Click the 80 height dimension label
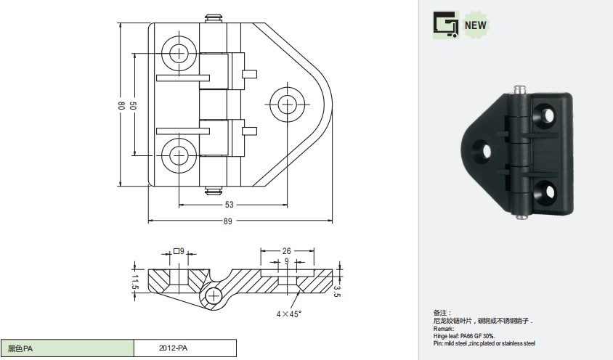click(121, 105)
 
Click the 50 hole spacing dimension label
click(132, 105)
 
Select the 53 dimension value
click(229, 205)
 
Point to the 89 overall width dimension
click(227, 221)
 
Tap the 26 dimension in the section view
click(287, 251)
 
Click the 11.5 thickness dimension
click(135, 282)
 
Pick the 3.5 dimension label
click(337, 291)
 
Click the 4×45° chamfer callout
click(289, 314)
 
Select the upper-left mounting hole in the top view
click(179, 52)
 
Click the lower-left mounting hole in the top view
click(179, 155)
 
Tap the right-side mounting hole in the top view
click(288, 105)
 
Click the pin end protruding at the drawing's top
click(214, 18)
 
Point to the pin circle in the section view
click(214, 296)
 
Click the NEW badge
click(476, 25)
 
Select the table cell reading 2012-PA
click(185, 348)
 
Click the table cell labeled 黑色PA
click(68, 348)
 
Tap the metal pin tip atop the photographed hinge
click(519, 90)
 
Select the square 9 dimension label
click(179, 251)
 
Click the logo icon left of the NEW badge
click(446, 25)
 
